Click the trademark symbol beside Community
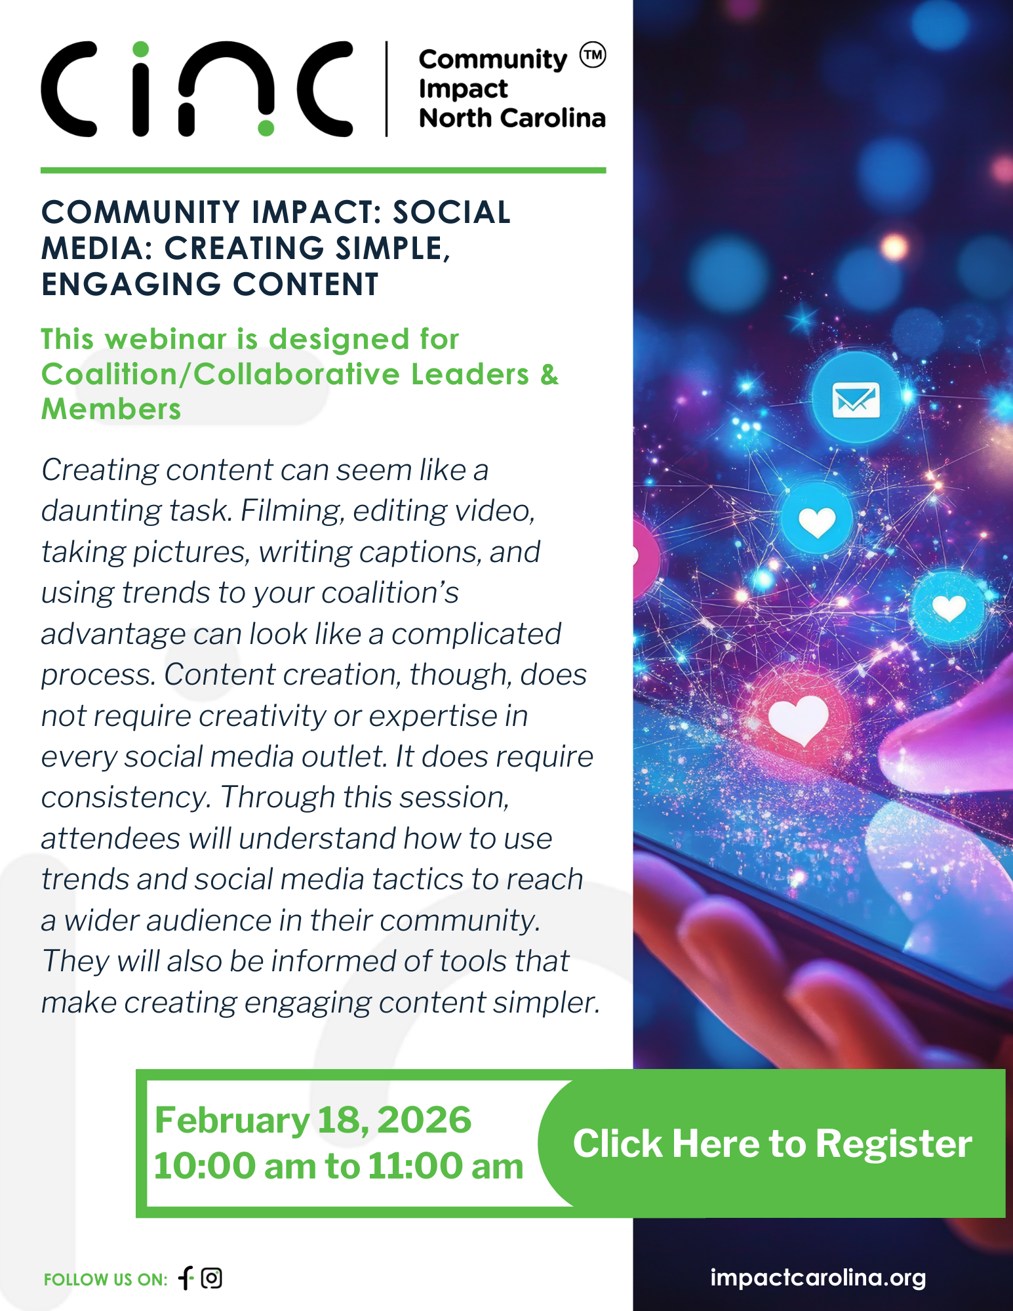click(x=593, y=55)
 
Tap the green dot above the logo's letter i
click(x=140, y=49)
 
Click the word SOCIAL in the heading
click(x=451, y=212)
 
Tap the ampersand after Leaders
click(x=549, y=374)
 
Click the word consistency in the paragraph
click(x=126, y=797)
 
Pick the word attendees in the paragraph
click(x=110, y=839)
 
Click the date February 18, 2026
click(x=313, y=1119)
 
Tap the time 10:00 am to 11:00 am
click(x=338, y=1166)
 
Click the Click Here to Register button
click(x=772, y=1144)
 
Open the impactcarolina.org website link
click(x=818, y=1278)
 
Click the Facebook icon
click(x=187, y=1278)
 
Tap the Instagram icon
click(x=212, y=1278)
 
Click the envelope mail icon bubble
click(x=856, y=398)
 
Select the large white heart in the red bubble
click(x=798, y=719)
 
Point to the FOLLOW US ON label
click(x=106, y=1280)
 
